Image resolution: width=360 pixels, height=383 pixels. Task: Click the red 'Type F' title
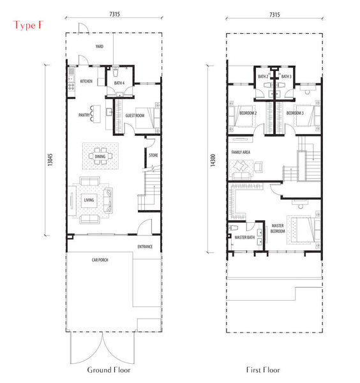pyautogui.click(x=28, y=26)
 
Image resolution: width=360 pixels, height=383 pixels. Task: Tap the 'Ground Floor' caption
pyautogui.click(x=109, y=370)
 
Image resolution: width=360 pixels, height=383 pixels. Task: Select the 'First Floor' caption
pyautogui.click(x=263, y=370)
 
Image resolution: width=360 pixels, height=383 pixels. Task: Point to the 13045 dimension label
pyautogui.click(x=50, y=160)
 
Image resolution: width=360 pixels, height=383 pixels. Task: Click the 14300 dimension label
pyautogui.click(x=213, y=160)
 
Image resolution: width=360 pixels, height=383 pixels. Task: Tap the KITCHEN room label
pyautogui.click(x=86, y=81)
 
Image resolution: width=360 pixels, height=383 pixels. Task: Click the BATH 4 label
pyautogui.click(x=119, y=83)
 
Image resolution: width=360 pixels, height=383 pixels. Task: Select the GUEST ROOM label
pyautogui.click(x=135, y=116)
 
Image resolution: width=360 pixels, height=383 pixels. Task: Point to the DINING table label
pyautogui.click(x=100, y=156)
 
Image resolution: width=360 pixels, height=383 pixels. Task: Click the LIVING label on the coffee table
pyautogui.click(x=89, y=200)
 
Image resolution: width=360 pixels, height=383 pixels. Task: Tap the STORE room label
pyautogui.click(x=153, y=155)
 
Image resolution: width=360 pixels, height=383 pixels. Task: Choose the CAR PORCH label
pyautogui.click(x=100, y=260)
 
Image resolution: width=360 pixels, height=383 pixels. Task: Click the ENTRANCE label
pyautogui.click(x=145, y=246)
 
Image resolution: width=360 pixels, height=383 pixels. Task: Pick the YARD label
pyautogui.click(x=100, y=46)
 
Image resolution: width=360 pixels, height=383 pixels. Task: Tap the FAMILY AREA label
pyautogui.click(x=241, y=152)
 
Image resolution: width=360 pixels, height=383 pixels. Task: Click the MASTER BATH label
pyautogui.click(x=244, y=237)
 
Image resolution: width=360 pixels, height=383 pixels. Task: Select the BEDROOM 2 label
pyautogui.click(x=248, y=113)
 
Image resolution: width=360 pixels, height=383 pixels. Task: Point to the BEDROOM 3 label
pyautogui.click(x=295, y=113)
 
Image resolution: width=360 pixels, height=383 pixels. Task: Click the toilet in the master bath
pyautogui.click(x=233, y=228)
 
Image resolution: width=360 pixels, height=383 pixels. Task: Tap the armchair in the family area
pyautogui.click(x=258, y=167)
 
